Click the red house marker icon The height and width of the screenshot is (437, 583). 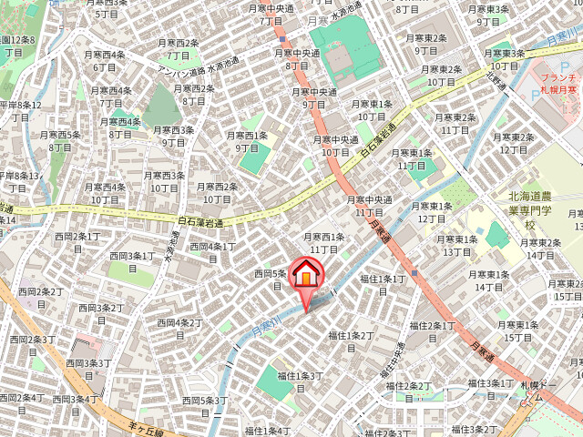[x=306, y=274]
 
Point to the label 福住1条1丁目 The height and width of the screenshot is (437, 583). [x=383, y=285]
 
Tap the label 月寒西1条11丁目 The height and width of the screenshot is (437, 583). [x=324, y=243]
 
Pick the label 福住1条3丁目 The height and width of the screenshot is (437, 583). [x=301, y=381]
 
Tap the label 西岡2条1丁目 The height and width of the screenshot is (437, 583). [x=77, y=242]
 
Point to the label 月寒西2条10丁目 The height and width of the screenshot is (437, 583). [x=216, y=193]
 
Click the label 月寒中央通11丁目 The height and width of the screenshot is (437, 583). [x=368, y=206]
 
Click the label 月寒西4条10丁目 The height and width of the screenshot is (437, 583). [x=105, y=193]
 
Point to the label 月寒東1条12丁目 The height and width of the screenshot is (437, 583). [x=432, y=212]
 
